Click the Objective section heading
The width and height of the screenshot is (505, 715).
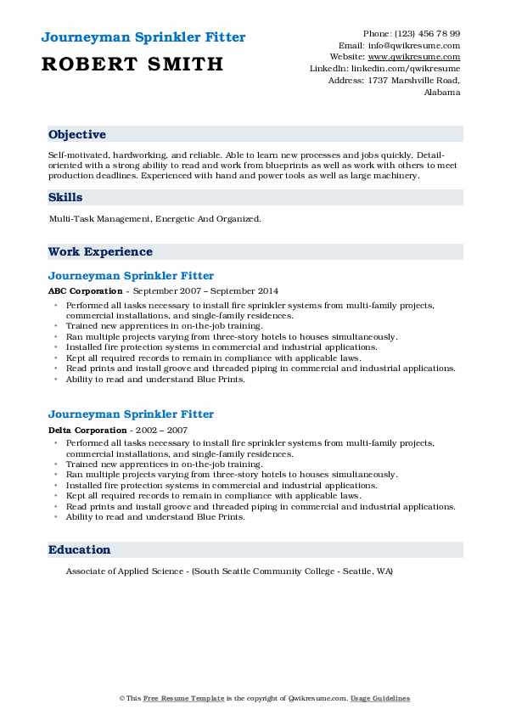77,135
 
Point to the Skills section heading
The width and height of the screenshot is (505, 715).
65,197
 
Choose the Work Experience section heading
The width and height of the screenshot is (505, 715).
100,251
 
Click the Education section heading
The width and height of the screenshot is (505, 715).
80,549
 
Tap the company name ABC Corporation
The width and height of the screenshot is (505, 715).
86,291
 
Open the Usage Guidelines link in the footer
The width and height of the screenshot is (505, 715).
381,698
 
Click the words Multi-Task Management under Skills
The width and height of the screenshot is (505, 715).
100,219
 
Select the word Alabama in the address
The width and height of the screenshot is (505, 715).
441,92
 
